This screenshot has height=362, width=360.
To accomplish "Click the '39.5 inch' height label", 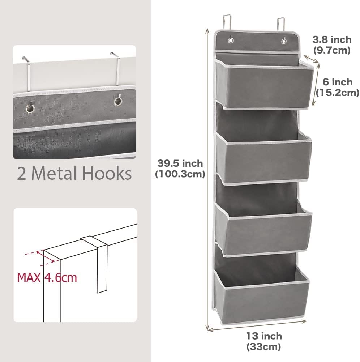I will [x=180, y=163].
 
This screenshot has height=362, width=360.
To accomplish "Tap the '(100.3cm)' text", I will [x=180, y=174].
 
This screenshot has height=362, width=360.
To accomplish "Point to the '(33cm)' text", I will [x=263, y=347].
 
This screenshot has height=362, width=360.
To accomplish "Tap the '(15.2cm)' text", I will [x=337, y=93].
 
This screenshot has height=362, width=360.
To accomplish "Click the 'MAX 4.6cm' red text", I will [x=47, y=278].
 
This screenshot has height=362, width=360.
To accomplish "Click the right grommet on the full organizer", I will [x=284, y=39].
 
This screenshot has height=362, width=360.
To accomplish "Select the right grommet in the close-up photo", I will [x=118, y=101].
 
